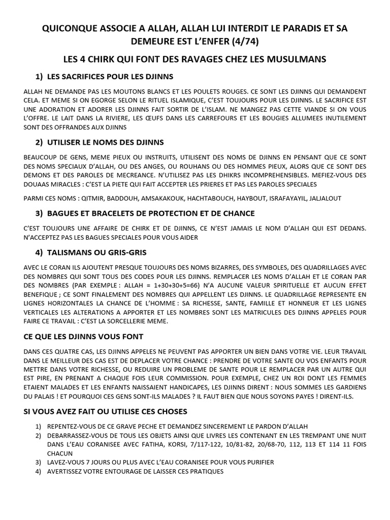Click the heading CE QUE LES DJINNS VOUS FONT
pos(84,337)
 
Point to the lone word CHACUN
pos(58,453)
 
